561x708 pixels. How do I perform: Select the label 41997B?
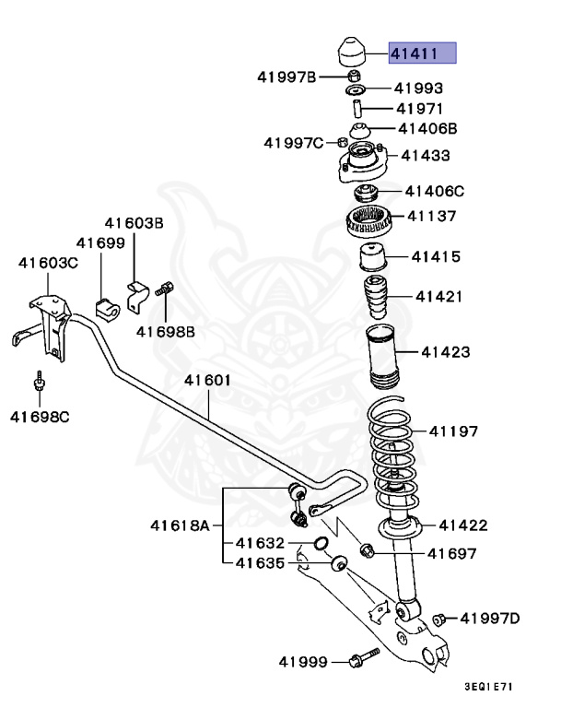[287, 77]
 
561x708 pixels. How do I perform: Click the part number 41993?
[418, 89]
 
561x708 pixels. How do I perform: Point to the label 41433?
[425, 156]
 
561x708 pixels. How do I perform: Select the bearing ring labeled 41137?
[369, 221]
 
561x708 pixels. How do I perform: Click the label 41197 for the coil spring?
[452, 431]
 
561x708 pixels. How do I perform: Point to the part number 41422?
[462, 525]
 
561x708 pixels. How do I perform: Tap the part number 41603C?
[49, 263]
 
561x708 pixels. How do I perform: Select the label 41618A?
[181, 526]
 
